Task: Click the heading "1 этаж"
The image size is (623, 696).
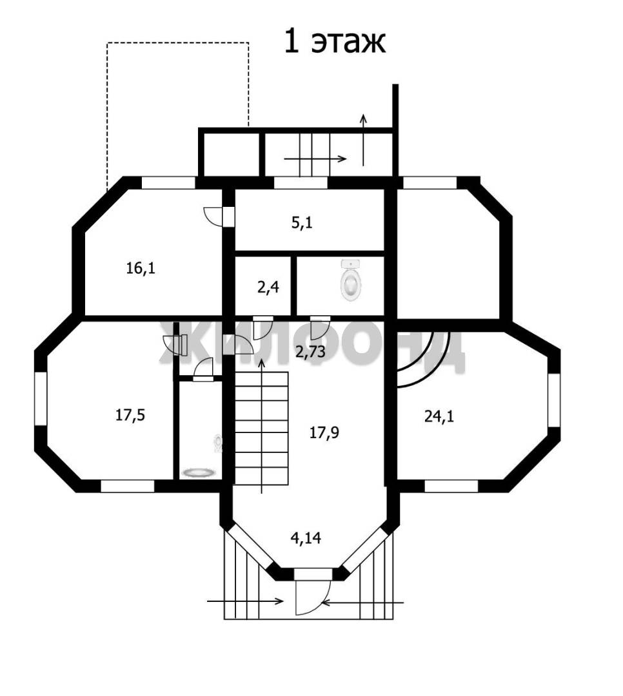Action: click(x=335, y=42)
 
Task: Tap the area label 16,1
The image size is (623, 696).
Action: click(x=141, y=268)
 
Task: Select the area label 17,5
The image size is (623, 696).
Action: click(x=130, y=416)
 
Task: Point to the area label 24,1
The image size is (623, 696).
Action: click(x=439, y=416)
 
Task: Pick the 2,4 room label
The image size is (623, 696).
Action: click(x=268, y=287)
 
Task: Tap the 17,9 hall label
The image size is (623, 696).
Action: click(x=324, y=432)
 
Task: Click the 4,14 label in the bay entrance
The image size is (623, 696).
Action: click(x=306, y=538)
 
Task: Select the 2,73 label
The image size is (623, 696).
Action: click(x=311, y=352)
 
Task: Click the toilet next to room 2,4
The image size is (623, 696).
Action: click(x=351, y=281)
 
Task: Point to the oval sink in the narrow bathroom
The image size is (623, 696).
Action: click(x=198, y=473)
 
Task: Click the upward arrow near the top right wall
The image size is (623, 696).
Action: click(x=364, y=140)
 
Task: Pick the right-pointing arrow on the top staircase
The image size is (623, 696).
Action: click(x=315, y=159)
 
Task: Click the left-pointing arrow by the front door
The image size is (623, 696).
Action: click(x=362, y=603)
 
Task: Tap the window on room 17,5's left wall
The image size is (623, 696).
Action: click(x=41, y=399)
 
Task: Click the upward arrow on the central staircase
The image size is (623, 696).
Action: click(x=261, y=426)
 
